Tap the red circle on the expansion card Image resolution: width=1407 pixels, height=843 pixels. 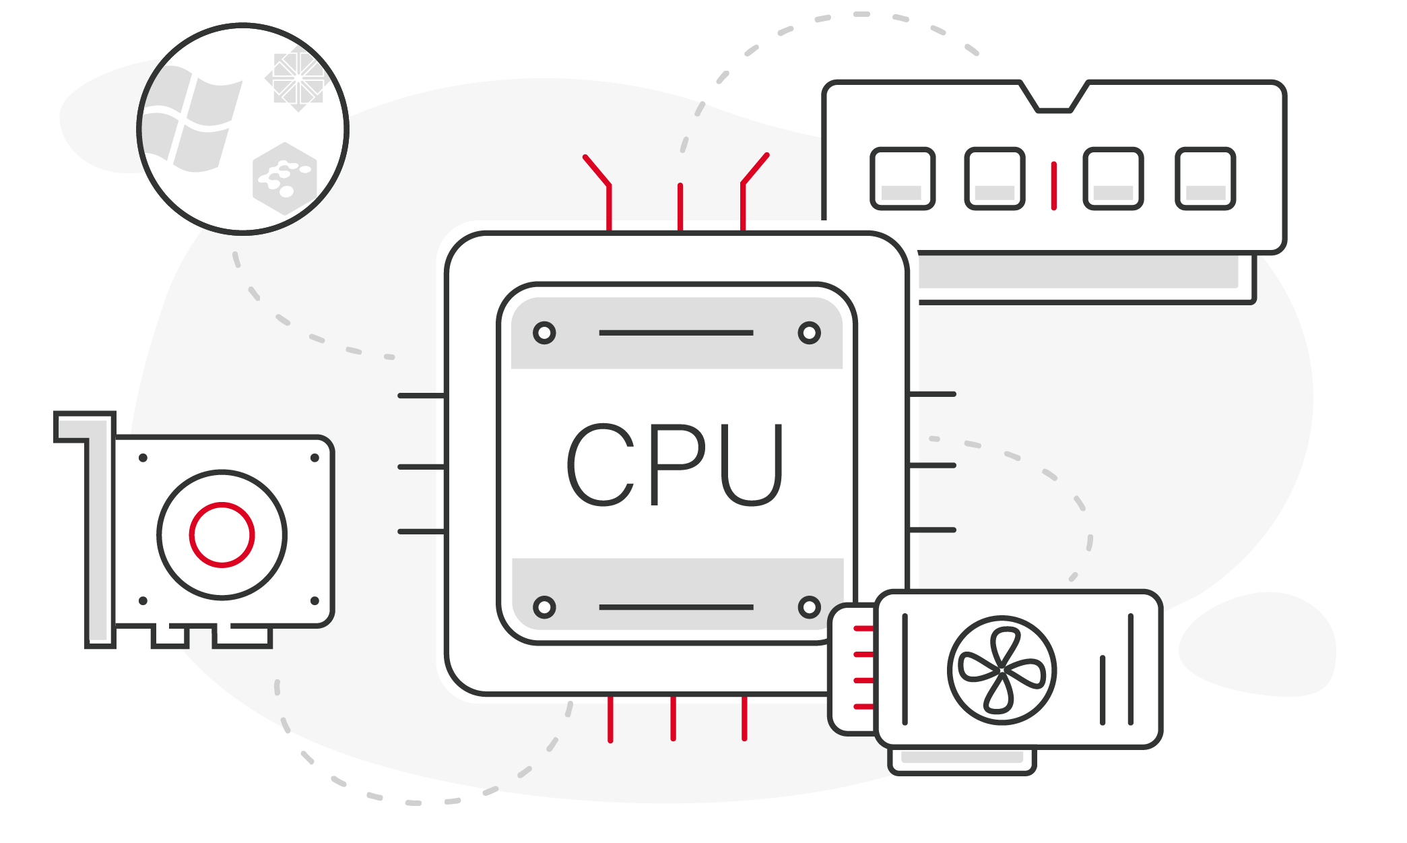tap(222, 534)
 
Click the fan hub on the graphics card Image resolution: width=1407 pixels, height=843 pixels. tap(1002, 670)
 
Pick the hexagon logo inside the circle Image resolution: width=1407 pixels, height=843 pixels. tap(284, 179)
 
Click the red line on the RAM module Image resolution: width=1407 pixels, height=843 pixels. tap(1053, 185)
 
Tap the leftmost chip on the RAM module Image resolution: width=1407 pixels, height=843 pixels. tap(903, 179)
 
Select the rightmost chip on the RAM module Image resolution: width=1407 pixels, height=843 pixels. tap(1205, 179)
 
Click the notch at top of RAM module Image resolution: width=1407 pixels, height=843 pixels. tap(1054, 98)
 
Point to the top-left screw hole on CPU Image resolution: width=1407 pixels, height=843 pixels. tap(544, 333)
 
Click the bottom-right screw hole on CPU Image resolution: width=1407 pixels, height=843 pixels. tap(809, 607)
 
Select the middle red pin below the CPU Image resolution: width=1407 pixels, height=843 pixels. tap(673, 718)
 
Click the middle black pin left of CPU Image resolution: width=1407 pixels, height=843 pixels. tap(421, 466)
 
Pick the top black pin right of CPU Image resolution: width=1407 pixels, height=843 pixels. tap(932, 394)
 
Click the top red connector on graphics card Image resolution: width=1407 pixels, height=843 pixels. tap(863, 629)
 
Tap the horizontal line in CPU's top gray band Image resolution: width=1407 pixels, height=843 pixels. tap(676, 333)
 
